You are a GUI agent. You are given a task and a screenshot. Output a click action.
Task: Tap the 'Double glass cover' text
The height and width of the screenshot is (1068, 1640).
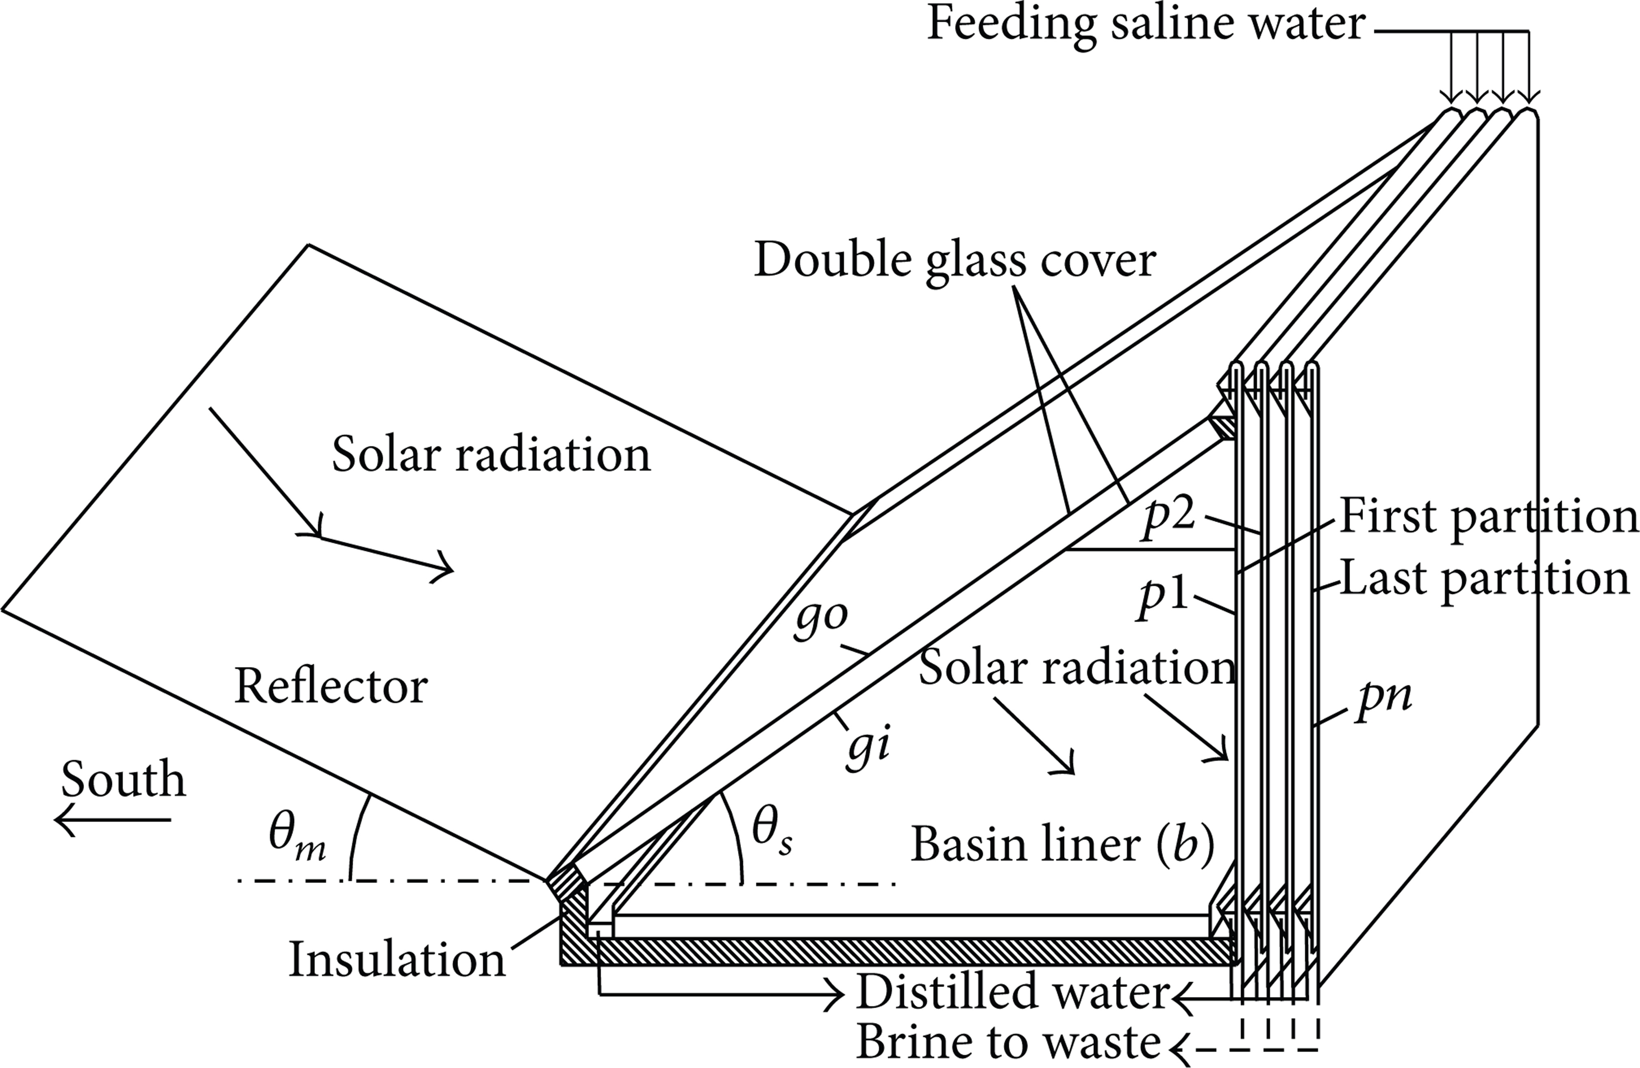[955, 260]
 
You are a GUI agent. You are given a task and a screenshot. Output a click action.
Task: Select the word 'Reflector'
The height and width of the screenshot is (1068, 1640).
[331, 687]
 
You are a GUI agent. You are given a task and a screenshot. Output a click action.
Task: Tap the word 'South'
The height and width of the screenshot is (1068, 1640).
[123, 780]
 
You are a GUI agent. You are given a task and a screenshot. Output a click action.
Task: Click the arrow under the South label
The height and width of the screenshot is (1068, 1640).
[112, 820]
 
